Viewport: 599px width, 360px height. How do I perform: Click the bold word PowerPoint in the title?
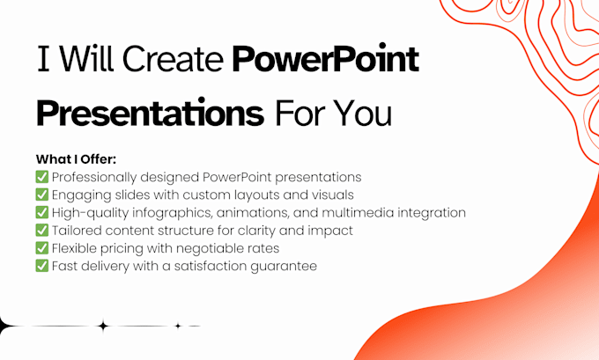(x=325, y=59)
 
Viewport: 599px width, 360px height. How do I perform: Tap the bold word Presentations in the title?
(x=150, y=112)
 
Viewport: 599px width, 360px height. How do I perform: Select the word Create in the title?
(x=173, y=59)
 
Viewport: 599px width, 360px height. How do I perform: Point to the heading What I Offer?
(x=76, y=159)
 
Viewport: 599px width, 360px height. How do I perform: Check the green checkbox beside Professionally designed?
(x=42, y=177)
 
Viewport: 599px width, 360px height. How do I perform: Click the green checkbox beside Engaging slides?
(x=42, y=195)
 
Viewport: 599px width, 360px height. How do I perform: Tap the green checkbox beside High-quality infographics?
(x=42, y=212)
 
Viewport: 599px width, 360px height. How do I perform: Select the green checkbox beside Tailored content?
(x=42, y=231)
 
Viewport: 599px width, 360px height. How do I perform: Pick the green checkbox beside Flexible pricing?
(x=42, y=247)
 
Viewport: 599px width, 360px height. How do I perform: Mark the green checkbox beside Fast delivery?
(x=42, y=266)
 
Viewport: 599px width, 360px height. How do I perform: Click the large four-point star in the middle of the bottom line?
(x=102, y=326)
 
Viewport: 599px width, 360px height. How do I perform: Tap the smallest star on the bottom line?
(x=178, y=326)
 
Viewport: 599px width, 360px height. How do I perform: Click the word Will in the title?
(x=86, y=59)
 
